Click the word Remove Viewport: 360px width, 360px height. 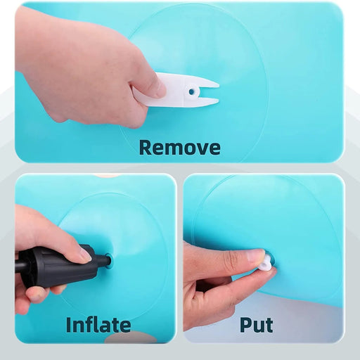click(180, 148)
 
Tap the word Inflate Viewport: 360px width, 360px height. click(98, 324)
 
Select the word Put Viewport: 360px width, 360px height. click(256, 326)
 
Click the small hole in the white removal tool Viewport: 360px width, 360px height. click(192, 91)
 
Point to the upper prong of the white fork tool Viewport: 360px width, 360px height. click(205, 84)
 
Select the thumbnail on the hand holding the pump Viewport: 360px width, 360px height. click(86, 255)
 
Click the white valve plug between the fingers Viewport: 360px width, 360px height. click(266, 261)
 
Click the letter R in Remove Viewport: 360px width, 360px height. click(145, 148)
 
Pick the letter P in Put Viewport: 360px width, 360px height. click(245, 325)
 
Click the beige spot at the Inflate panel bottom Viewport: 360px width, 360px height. click(130, 337)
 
